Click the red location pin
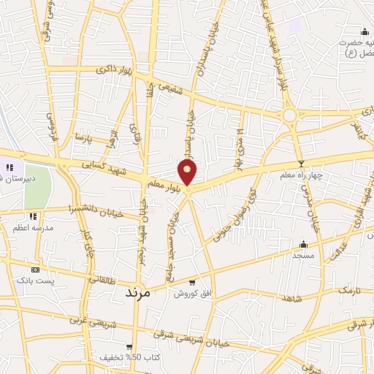click(188, 172)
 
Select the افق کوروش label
click(191, 294)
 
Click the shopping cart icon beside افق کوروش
click(191, 283)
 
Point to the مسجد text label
click(302, 256)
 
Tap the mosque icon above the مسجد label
click(302, 244)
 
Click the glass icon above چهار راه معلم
click(300, 164)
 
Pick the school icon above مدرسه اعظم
click(33, 216)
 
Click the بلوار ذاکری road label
click(115, 70)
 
